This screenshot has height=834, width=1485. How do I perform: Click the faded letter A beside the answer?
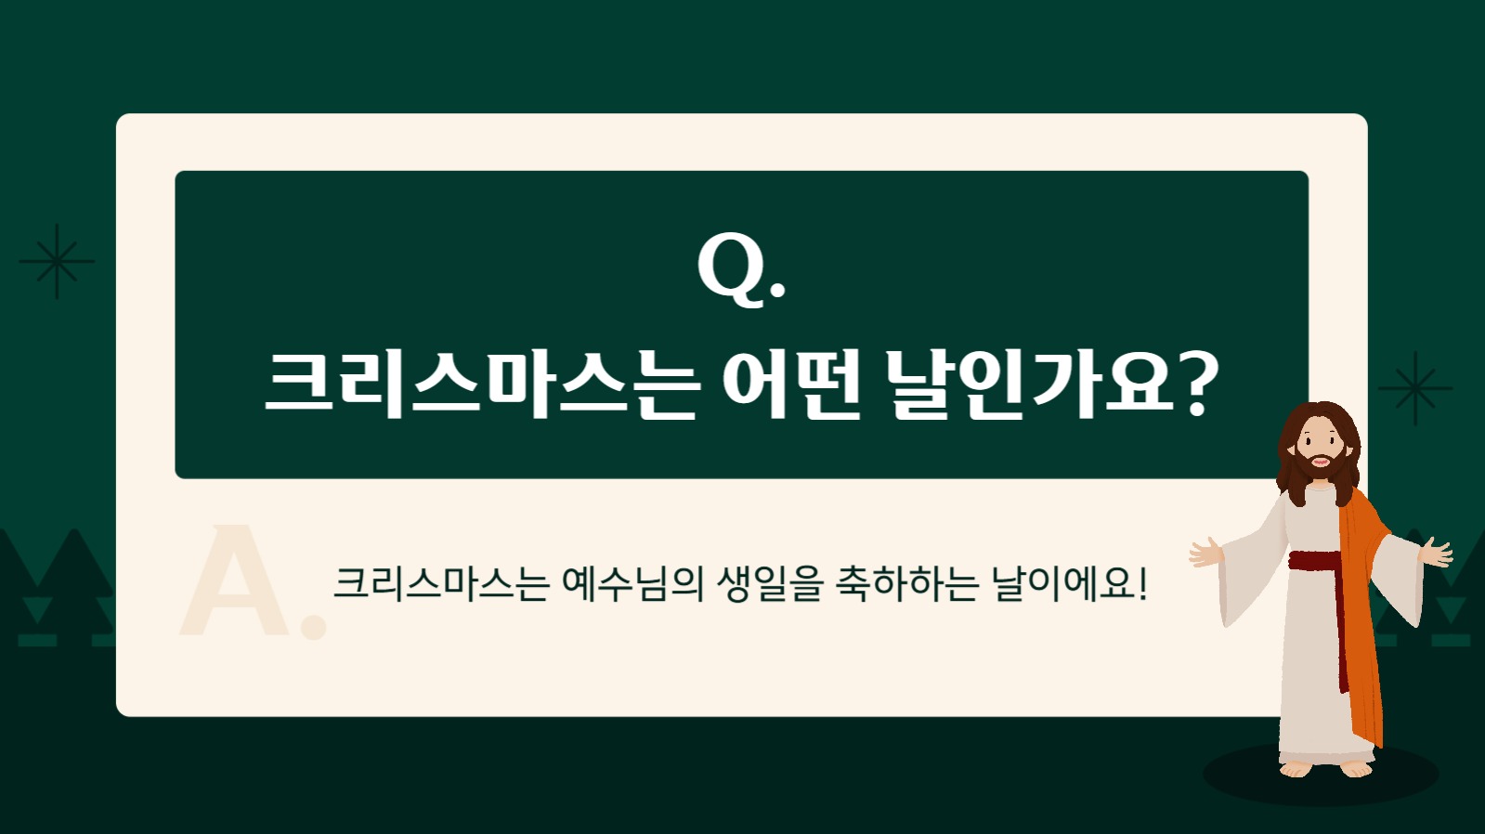coord(237,583)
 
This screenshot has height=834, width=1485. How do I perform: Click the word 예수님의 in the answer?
coord(632,583)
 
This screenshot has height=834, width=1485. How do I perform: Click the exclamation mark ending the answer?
coord(1142,583)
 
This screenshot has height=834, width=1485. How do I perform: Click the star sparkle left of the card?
coord(57,261)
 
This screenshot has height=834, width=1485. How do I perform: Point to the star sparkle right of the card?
coord(1414,388)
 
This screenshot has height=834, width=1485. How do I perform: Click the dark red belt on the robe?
coord(1314,561)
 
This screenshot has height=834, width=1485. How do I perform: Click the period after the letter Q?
coord(778,292)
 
